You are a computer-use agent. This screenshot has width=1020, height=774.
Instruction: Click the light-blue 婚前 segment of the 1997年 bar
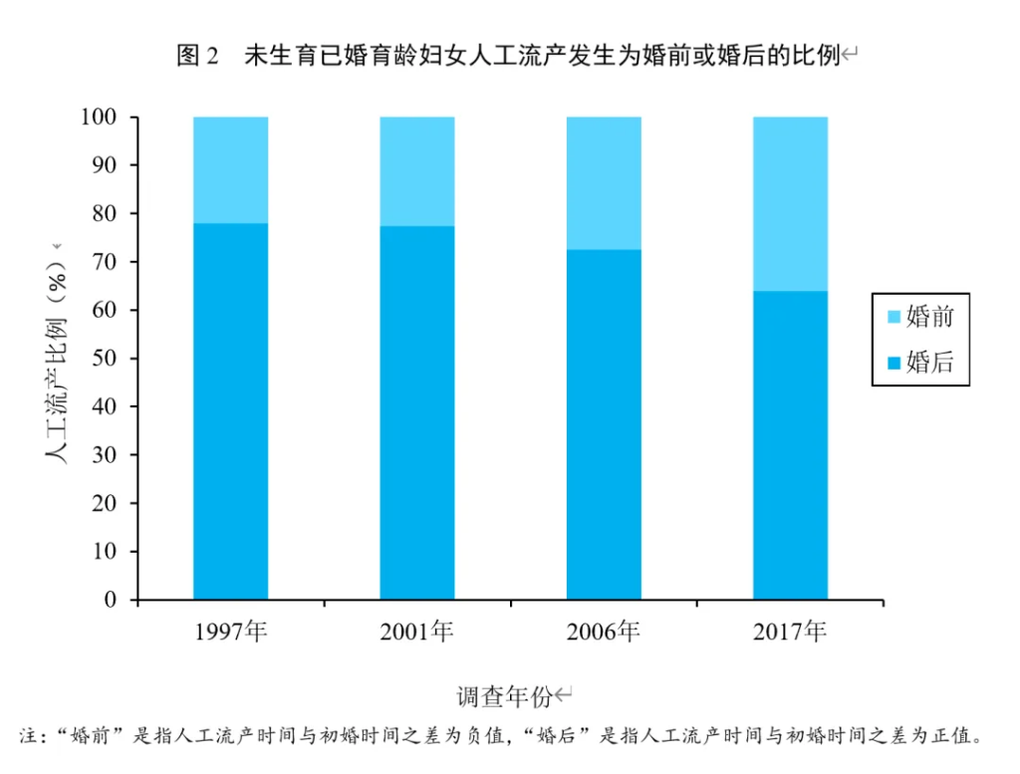[x=230, y=169]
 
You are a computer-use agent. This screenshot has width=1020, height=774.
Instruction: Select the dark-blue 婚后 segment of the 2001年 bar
[x=416, y=412]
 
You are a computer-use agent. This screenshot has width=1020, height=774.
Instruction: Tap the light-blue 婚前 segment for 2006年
[x=604, y=182]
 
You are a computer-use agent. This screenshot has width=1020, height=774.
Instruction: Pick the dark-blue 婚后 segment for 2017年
[x=790, y=445]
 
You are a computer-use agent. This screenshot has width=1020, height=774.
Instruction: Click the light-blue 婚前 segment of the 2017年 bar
[x=790, y=203]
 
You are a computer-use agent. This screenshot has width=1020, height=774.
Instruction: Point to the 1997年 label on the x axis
[x=231, y=632]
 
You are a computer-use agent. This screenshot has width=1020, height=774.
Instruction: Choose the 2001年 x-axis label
[x=417, y=632]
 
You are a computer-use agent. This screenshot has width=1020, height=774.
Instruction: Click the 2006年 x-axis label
[x=604, y=632]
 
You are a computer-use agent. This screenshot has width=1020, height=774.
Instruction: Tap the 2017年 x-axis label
[x=790, y=632]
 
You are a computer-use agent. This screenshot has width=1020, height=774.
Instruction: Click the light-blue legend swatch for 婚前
[x=892, y=318]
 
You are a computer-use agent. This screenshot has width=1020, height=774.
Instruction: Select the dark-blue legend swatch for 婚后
[x=892, y=363]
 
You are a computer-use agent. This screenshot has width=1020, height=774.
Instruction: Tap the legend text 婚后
[x=930, y=363]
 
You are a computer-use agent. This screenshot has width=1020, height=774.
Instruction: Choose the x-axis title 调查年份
[x=504, y=695]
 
